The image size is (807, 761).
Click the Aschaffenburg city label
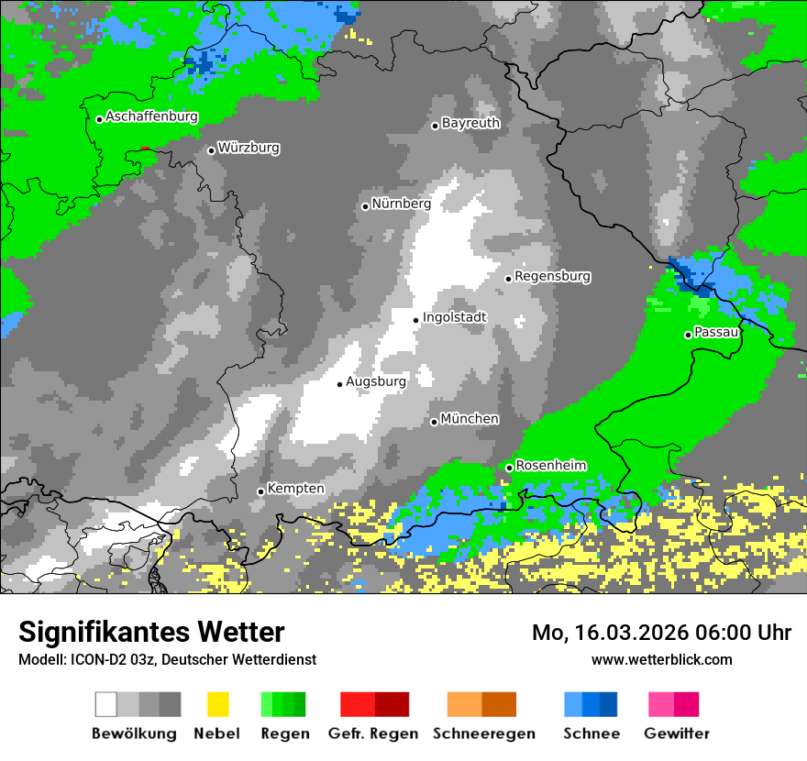tap(151, 116)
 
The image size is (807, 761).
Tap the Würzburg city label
tap(249, 148)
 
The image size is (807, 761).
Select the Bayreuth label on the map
tap(470, 123)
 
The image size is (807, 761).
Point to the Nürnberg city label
tap(401, 204)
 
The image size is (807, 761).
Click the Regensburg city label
tap(552, 276)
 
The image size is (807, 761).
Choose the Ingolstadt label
tap(454, 317)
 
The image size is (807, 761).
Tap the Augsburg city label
tap(375, 381)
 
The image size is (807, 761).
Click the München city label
tap(470, 419)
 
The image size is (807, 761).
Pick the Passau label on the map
tap(716, 332)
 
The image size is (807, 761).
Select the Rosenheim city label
tap(550, 466)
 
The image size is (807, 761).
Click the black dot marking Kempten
tap(260, 491)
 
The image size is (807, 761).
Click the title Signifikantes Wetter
tap(151, 632)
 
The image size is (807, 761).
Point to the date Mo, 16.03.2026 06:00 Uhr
tap(661, 633)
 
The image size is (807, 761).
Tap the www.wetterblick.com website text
tap(661, 659)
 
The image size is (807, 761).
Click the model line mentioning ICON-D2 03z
tap(167, 659)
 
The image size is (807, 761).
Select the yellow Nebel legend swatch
tap(217, 704)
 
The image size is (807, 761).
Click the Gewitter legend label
tap(677, 733)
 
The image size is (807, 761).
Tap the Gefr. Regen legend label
tap(373, 733)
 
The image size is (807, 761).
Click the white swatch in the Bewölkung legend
tap(105, 704)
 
